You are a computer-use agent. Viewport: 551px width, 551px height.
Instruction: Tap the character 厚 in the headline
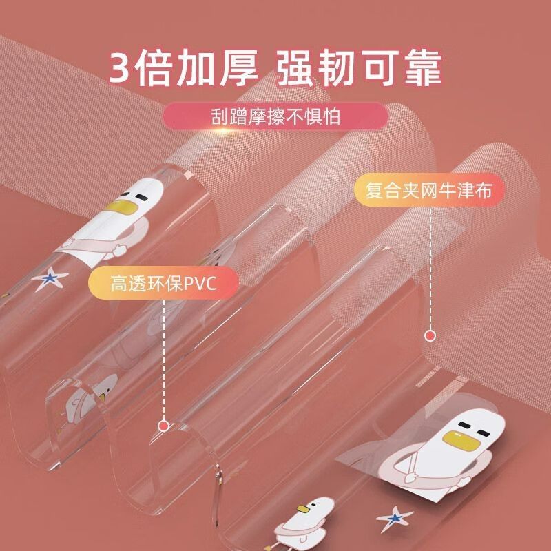(239, 68)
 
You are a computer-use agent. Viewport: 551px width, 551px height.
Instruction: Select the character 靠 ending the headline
(423, 68)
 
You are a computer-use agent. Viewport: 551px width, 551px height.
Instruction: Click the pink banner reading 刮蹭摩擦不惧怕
(275, 116)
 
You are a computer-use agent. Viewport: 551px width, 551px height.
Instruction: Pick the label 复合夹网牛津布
(428, 190)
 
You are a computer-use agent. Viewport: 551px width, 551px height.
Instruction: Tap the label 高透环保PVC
(163, 283)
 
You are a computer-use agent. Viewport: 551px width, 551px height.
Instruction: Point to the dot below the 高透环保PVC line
(163, 426)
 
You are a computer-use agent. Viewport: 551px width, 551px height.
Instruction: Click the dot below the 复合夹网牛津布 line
(430, 335)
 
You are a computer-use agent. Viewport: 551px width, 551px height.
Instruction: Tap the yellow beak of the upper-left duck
(118, 207)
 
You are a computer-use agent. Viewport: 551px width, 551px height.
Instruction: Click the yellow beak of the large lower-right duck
(457, 439)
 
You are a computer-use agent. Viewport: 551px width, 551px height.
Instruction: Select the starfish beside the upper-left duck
(50, 280)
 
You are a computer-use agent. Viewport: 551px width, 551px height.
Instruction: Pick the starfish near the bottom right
(394, 518)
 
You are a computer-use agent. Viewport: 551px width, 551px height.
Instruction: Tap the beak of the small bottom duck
(303, 508)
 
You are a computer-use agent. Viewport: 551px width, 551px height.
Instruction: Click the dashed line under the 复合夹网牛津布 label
(430, 269)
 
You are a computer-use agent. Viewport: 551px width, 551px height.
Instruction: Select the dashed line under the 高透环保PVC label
(164, 360)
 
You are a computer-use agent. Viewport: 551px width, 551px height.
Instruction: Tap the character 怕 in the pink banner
(331, 116)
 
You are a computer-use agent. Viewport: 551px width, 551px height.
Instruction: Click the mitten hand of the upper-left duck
(118, 250)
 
